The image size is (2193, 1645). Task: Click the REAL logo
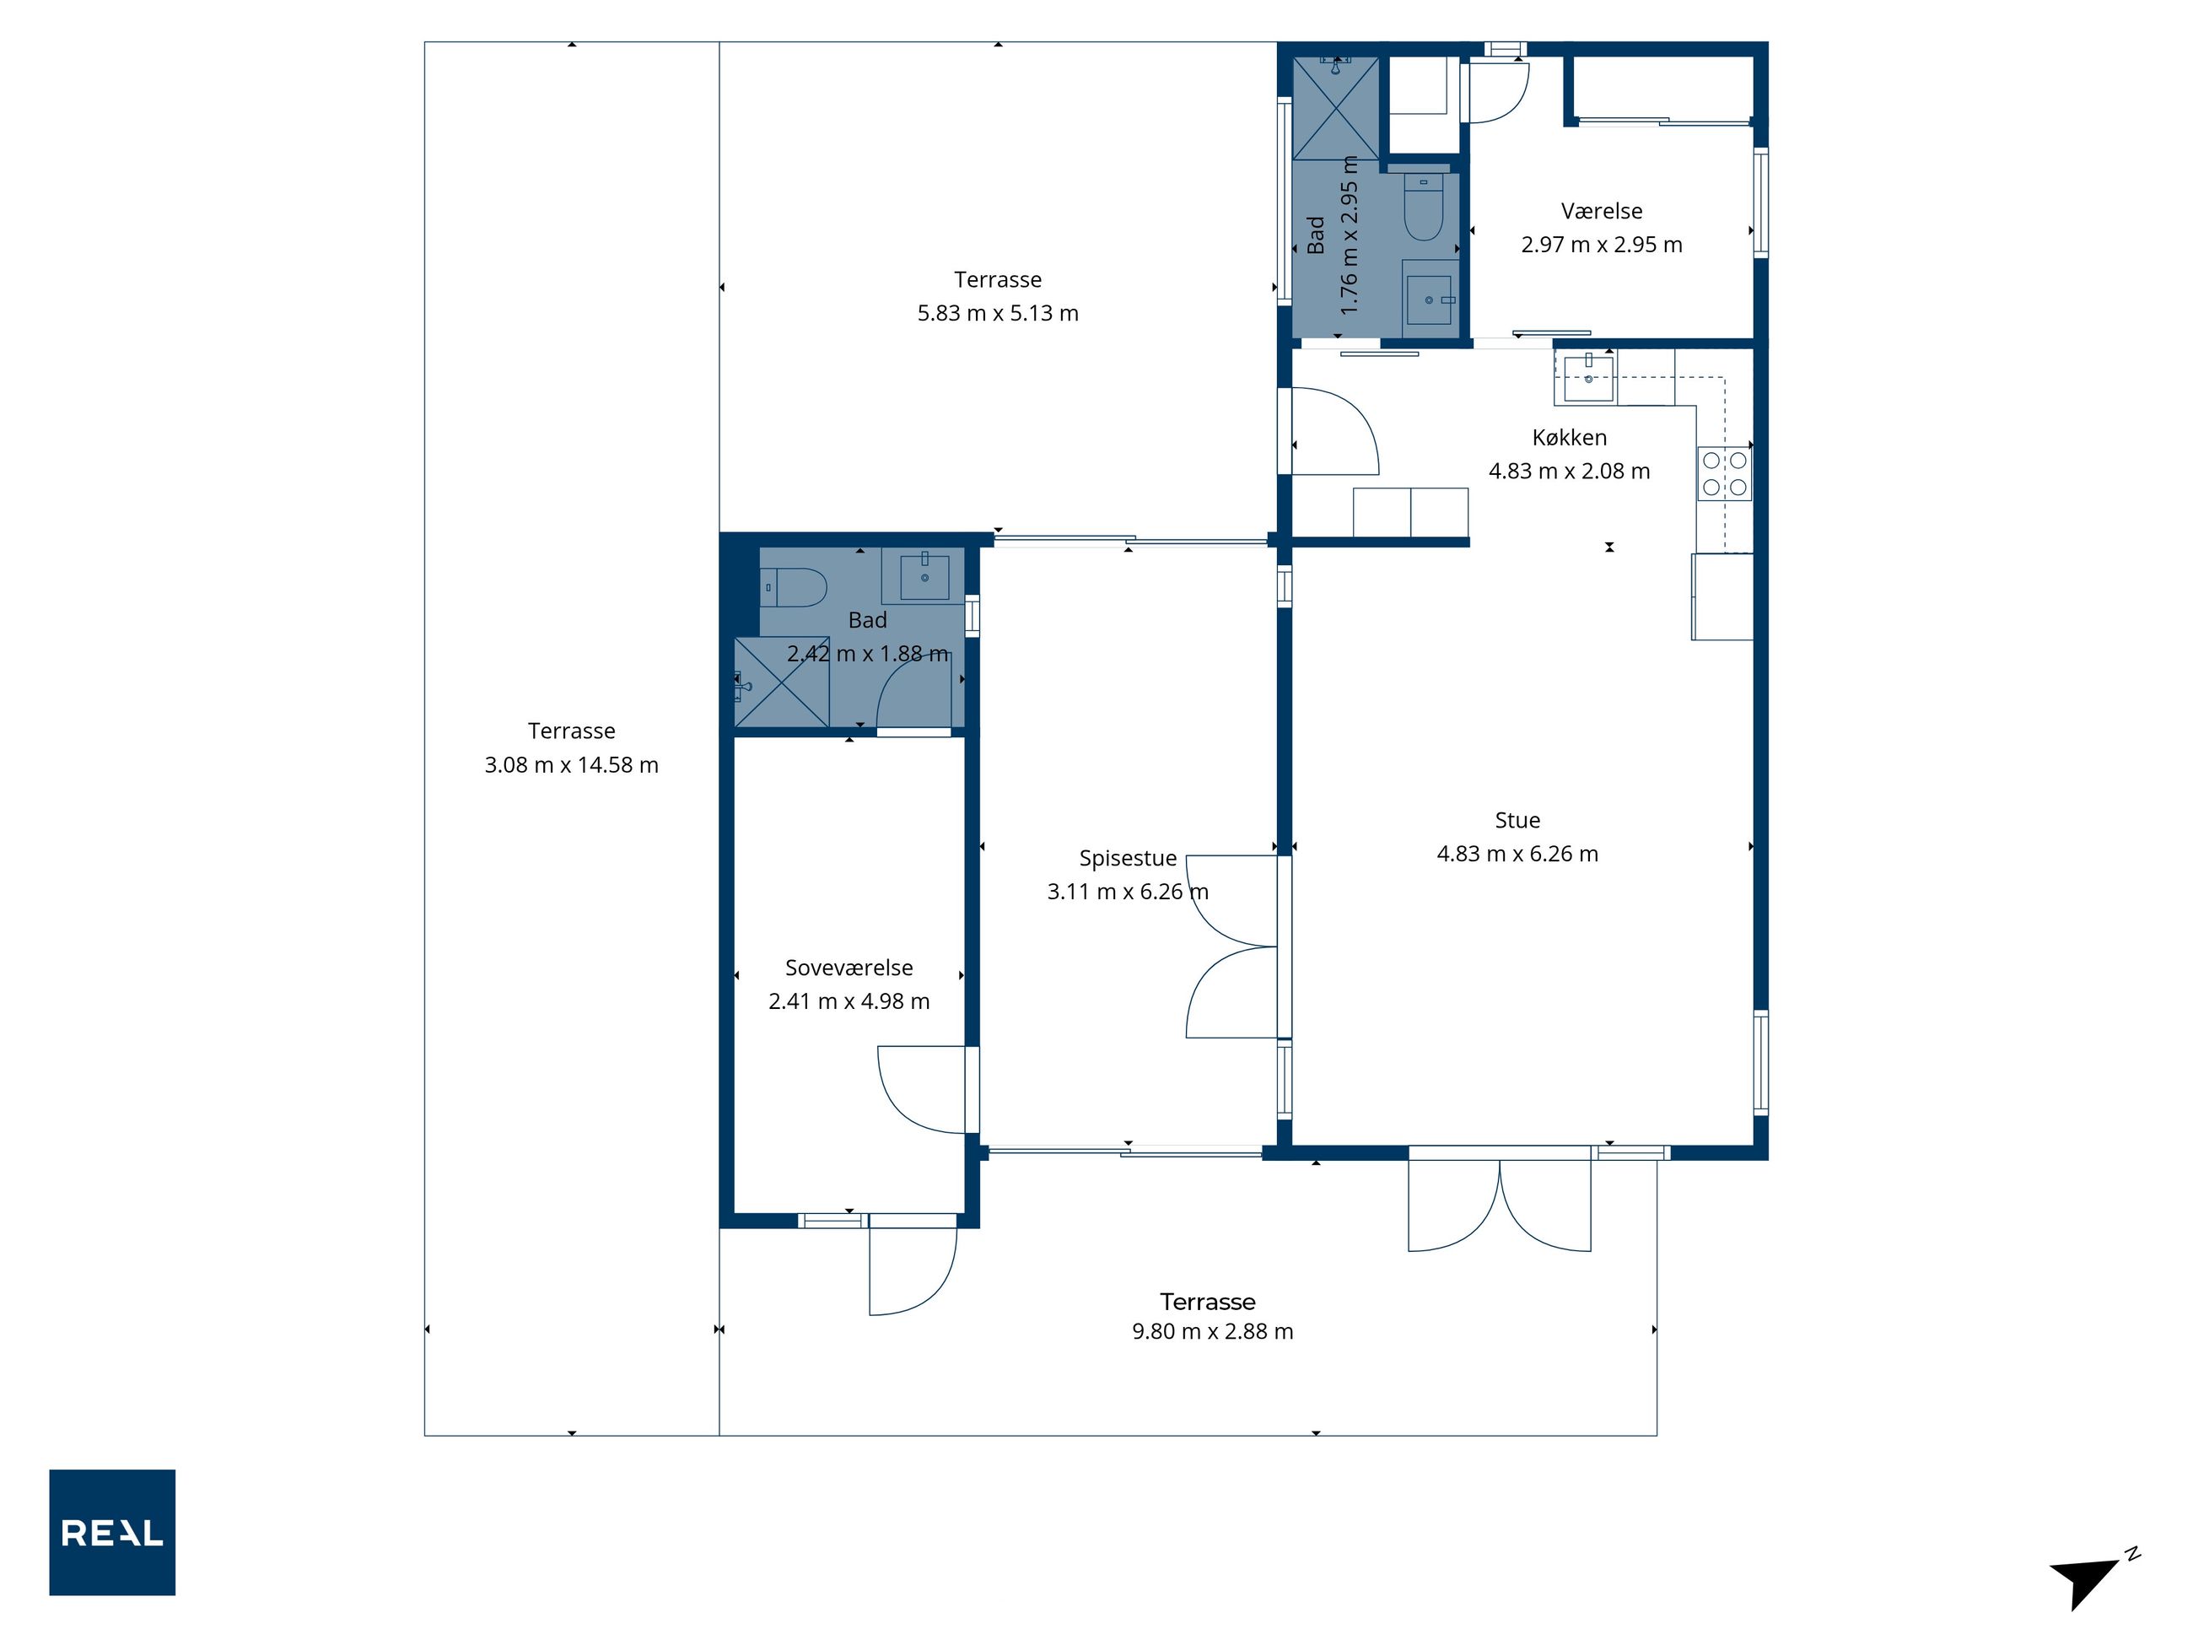(x=112, y=1532)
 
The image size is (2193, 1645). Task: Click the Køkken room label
(x=1570, y=437)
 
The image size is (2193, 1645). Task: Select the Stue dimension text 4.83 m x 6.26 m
(x=1518, y=854)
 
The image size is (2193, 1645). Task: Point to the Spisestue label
(x=1129, y=859)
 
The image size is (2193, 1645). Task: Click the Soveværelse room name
(x=849, y=968)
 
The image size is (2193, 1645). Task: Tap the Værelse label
(x=1602, y=211)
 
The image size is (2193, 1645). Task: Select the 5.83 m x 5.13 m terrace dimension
(x=999, y=313)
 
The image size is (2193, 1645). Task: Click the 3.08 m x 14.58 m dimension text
(x=572, y=764)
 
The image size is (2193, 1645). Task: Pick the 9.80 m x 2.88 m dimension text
(x=1214, y=1332)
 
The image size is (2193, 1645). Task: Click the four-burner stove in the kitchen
(x=1724, y=474)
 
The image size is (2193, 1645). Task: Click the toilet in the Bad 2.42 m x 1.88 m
(x=792, y=587)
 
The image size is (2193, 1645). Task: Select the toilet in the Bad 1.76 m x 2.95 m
(x=1424, y=208)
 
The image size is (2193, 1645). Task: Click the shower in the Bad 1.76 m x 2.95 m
(x=1335, y=108)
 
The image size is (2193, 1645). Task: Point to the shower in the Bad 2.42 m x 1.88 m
(x=781, y=682)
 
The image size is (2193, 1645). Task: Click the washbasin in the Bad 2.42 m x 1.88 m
(x=924, y=576)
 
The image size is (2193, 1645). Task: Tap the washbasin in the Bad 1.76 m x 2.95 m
(x=1430, y=299)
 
